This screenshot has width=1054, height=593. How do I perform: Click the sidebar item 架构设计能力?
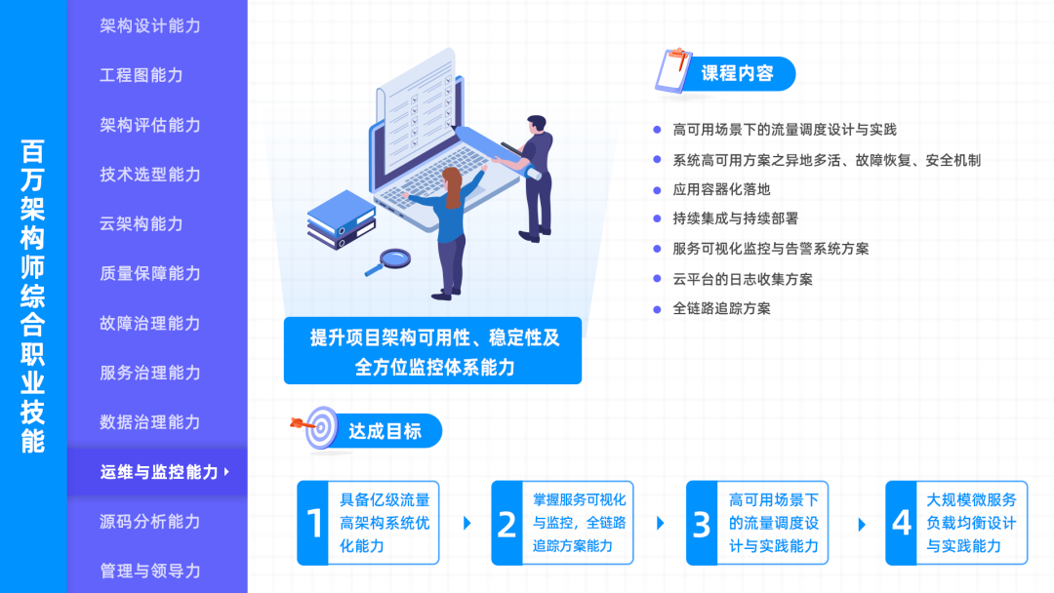(150, 25)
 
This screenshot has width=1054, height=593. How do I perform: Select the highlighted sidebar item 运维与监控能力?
(159, 472)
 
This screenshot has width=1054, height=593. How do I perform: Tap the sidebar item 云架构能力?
(142, 223)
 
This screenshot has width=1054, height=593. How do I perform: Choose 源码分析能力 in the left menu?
(150, 522)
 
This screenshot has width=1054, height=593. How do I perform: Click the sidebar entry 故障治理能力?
(150, 323)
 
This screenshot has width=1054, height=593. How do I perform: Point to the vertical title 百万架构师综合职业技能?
(33, 296)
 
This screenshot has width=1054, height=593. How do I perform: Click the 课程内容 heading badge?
(738, 74)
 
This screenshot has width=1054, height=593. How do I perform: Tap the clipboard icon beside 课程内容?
(673, 72)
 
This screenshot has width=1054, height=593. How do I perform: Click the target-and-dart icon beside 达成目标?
(318, 427)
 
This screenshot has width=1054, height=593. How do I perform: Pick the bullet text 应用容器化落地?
(721, 189)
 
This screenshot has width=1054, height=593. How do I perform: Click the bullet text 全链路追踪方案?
(721, 308)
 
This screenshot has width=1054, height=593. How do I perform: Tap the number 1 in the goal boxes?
(314, 524)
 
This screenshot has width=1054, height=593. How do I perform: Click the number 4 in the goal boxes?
(902, 524)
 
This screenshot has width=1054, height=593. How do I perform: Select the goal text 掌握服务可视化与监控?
(580, 523)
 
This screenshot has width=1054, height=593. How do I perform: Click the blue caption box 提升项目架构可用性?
(433, 351)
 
